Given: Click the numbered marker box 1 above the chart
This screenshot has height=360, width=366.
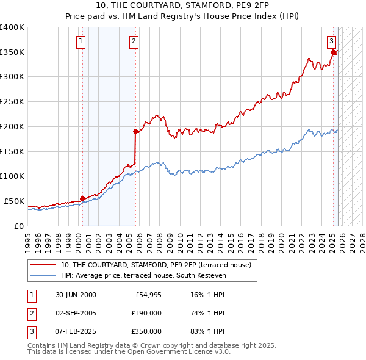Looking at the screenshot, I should pos(82,41).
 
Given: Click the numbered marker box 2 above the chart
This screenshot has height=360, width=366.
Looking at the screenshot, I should pos(134,41).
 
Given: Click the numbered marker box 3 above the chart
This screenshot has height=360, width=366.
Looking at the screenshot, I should pos(331,41).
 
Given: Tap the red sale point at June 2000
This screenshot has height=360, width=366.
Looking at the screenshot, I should pos(82,198).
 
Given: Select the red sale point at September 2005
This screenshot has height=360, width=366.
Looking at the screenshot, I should pos(135,131).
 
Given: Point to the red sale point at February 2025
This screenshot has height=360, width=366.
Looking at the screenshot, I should pos(333,52).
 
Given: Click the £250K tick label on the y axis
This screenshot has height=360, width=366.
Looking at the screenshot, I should pos(12,102).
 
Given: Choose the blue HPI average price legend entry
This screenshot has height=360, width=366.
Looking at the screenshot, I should pos(143,276).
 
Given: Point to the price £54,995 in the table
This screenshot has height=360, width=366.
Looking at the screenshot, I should pos(146,295).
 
